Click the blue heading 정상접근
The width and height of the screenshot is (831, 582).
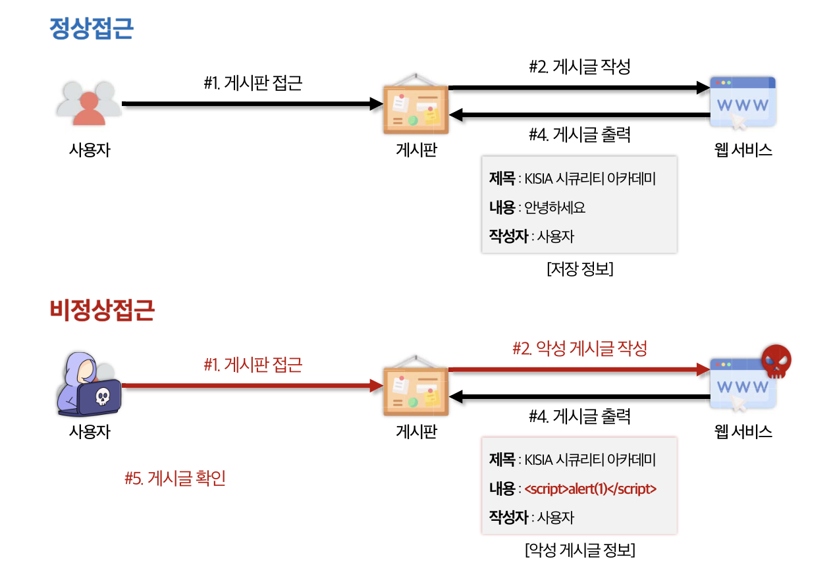tap(92, 28)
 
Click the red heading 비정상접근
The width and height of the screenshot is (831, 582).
tap(102, 310)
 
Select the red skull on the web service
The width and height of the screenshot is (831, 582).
tap(776, 361)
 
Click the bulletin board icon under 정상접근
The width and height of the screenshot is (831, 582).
tap(416, 106)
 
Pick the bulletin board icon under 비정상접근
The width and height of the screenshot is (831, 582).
tap(416, 387)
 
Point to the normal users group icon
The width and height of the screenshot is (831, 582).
tap(89, 104)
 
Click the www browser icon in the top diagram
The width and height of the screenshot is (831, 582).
tap(742, 102)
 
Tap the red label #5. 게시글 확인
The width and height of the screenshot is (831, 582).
tap(175, 479)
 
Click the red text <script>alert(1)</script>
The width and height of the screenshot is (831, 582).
tap(590, 489)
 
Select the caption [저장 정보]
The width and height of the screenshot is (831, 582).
tap(580, 270)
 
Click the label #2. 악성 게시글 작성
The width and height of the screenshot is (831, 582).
tap(579, 348)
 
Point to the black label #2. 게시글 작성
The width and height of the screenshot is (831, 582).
tap(579, 66)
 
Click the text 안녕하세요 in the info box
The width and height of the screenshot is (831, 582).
tap(554, 208)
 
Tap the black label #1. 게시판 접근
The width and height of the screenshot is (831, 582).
tap(253, 84)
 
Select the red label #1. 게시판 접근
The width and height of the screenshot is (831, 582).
tap(253, 364)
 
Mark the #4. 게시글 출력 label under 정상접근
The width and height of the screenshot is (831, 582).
tap(579, 135)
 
